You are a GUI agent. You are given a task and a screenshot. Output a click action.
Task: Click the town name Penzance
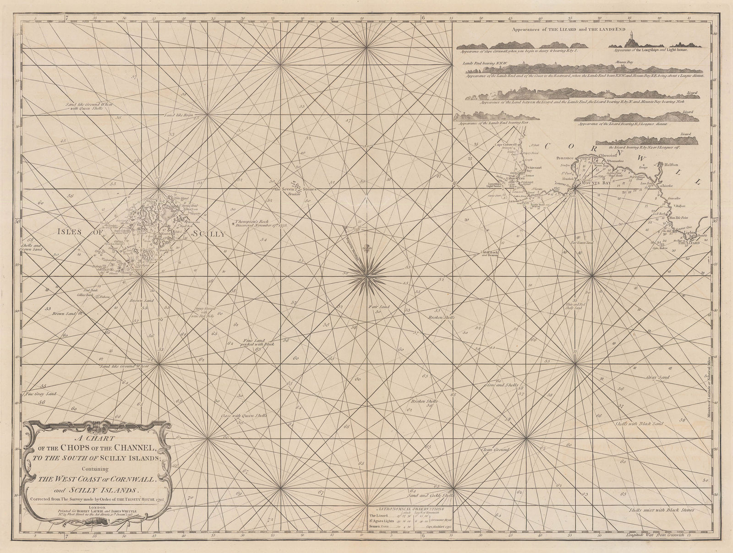click(565, 157)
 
